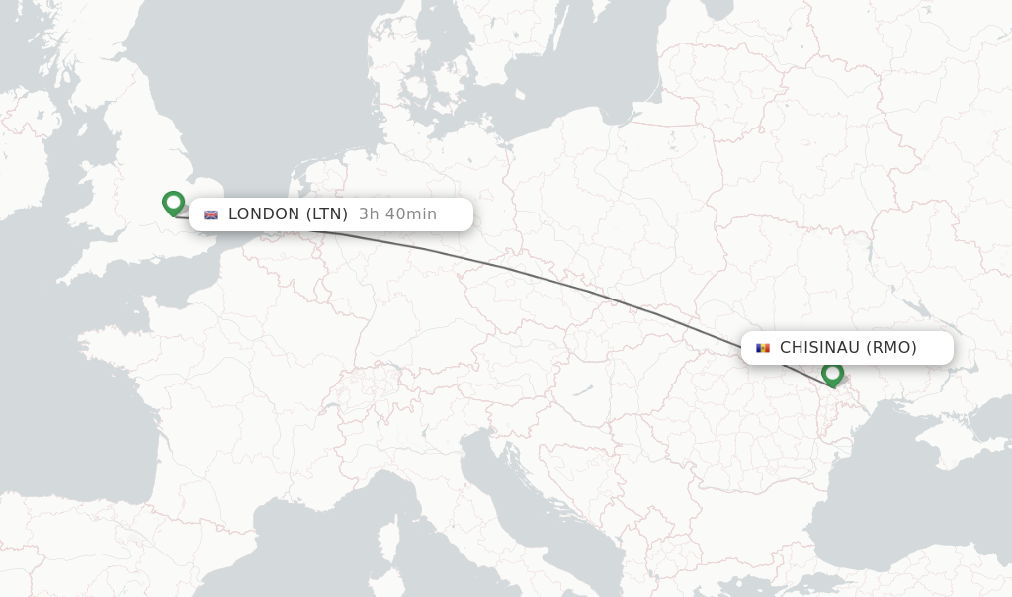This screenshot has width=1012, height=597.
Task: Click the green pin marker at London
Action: coord(173,203)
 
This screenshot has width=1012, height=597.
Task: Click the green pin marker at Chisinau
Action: coord(832,374)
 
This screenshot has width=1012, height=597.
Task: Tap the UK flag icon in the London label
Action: coord(211,214)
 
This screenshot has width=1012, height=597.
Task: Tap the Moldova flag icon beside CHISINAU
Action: coord(762,348)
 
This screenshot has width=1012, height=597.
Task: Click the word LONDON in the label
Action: coord(263,214)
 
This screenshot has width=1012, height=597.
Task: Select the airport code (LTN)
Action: coord(326,214)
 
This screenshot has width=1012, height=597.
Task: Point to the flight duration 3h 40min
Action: coord(397,214)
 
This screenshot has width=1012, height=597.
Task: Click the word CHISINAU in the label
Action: coord(819,348)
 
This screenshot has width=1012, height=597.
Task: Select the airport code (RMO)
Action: coord(891,348)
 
